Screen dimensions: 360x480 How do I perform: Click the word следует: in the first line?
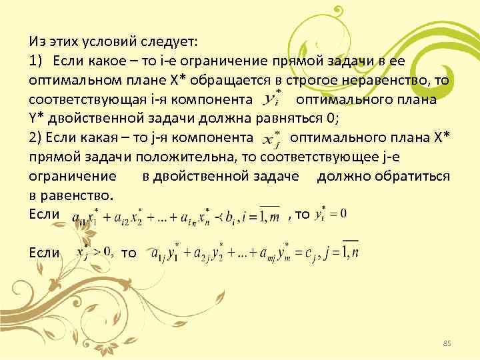165,41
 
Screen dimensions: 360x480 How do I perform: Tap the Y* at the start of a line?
39,119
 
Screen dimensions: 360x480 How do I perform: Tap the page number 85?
447,343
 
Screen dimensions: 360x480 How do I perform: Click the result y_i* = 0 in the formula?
333,214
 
